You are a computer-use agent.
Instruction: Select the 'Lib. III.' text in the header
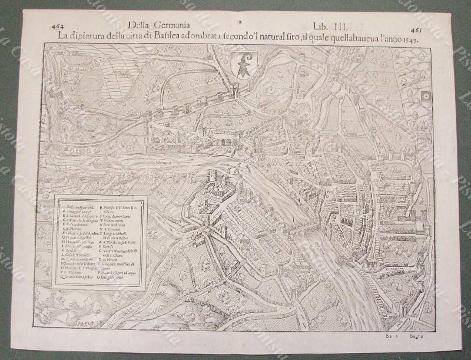(x=333, y=27)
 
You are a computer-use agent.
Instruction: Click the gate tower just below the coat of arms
(x=235, y=90)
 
